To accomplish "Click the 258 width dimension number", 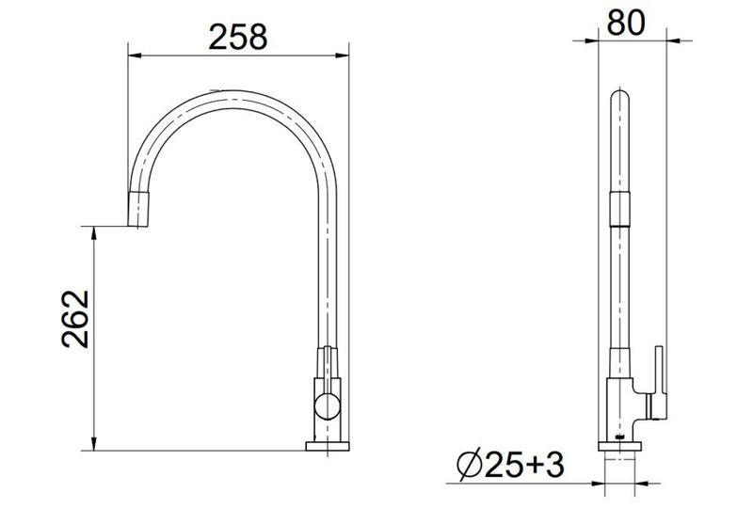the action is coord(238,37).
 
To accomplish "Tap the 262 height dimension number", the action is coord(75,319).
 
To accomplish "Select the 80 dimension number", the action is coord(626,22).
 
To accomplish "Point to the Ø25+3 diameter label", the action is coord(510,465).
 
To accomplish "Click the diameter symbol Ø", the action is coord(469,465).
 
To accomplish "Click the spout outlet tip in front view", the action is coord(137,210).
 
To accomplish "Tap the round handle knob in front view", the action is coord(327,405).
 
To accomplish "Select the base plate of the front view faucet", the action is coord(328,446).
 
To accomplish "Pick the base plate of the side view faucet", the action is coord(619,446).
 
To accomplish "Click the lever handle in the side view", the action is coord(657,384).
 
